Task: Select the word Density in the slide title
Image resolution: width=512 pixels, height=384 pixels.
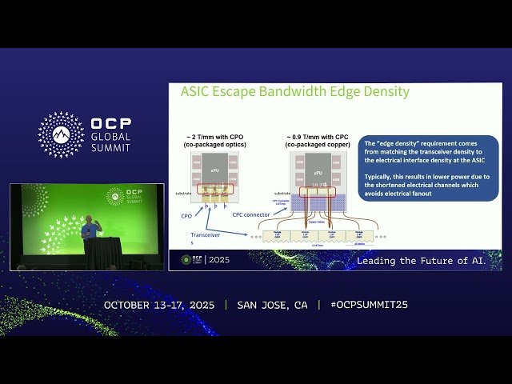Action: (382, 92)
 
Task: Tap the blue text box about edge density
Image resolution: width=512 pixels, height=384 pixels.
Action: (428, 167)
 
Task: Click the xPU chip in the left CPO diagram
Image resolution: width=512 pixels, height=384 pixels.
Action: (214, 170)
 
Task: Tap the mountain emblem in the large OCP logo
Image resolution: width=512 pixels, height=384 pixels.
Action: (61, 134)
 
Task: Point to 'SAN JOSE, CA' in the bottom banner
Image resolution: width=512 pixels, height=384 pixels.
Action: (272, 305)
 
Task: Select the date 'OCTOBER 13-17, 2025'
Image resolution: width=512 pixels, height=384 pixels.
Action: (160, 305)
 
